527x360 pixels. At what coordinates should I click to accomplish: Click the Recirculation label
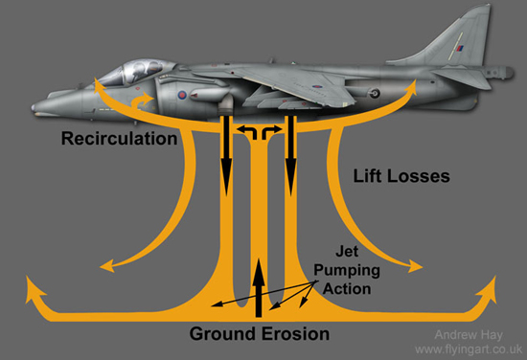pos(119,139)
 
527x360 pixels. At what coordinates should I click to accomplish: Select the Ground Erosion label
pos(259,334)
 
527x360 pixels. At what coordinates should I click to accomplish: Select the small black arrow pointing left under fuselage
pos(243,128)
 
